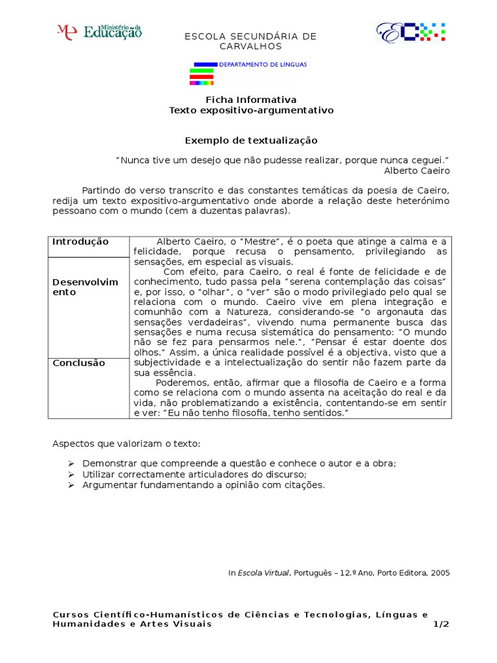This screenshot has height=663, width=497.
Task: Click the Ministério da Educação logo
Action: pos(100,31)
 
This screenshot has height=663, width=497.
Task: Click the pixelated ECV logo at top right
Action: pos(411,32)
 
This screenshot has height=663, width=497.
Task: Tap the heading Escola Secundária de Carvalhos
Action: pos(251,41)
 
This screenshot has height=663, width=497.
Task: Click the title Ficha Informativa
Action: pos(251,100)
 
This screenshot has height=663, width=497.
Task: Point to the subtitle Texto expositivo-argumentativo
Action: pos(251,111)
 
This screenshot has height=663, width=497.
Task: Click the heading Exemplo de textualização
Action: pos(251,140)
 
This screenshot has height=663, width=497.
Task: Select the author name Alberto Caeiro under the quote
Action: pos(416,170)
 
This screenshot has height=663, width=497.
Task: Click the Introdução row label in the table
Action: pos(81,242)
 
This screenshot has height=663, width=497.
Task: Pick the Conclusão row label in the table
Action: pos(79,363)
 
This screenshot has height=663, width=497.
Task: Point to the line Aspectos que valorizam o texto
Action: pos(126,444)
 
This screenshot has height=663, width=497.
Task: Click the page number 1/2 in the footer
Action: pos(441,624)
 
